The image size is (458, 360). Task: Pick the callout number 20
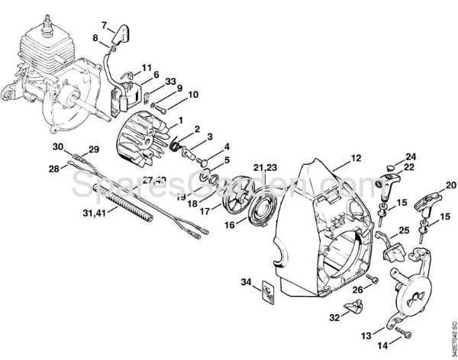pyautogui.click(x=450, y=184)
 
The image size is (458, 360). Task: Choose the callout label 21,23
pyautogui.click(x=265, y=166)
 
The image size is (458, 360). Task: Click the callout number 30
pyautogui.click(x=58, y=146)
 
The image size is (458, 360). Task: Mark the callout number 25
pyautogui.click(x=404, y=230)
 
